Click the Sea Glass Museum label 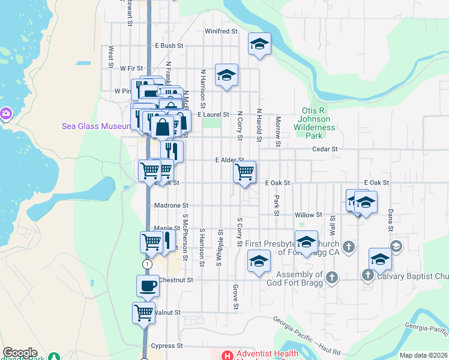tap(96, 126)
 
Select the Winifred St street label tap(221, 31)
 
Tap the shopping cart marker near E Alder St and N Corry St tap(244, 172)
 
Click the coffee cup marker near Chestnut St tap(148, 286)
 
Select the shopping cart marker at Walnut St tap(144, 312)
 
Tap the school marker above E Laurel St tap(226, 75)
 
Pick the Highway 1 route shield tap(147, 264)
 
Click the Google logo tap(20, 353)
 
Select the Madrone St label tap(172, 205)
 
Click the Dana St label tap(390, 220)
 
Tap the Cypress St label tap(167, 346)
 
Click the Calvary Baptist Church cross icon tap(368, 275)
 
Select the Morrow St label tap(278, 131)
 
